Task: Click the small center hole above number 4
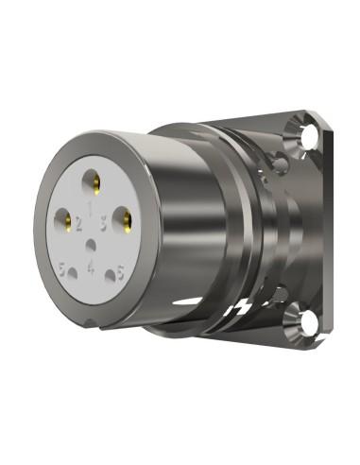tap(91, 246)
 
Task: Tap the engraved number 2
tap(78, 227)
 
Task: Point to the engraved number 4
tap(91, 266)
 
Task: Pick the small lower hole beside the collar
tap(281, 289)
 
